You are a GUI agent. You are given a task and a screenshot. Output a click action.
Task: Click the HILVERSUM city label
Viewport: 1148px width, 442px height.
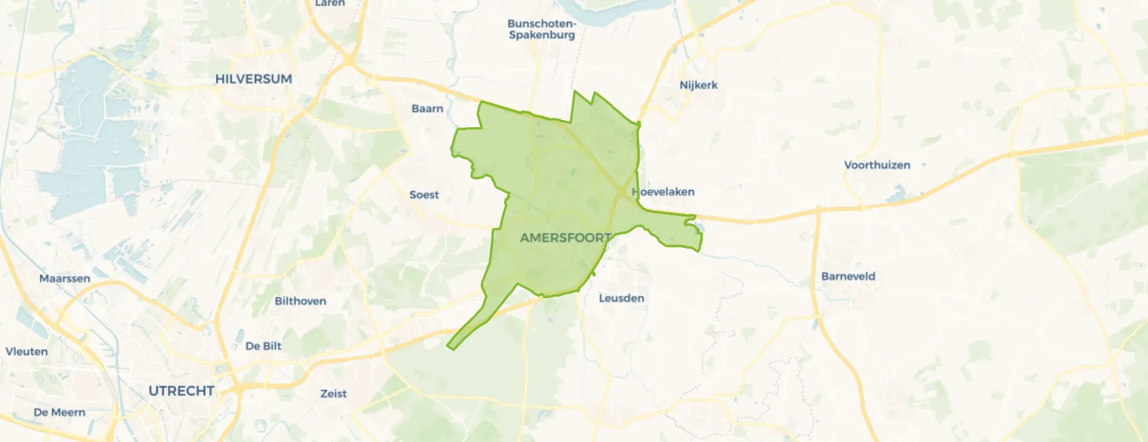pos(253,79)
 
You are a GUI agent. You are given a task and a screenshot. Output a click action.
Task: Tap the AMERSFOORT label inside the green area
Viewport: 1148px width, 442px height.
pos(565,238)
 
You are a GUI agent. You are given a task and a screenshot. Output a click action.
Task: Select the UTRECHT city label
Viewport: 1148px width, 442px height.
pos(181,391)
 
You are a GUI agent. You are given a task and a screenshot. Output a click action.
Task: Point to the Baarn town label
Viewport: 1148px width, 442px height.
pos(427,109)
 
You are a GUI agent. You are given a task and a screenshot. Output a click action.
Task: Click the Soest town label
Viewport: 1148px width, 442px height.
pos(424,195)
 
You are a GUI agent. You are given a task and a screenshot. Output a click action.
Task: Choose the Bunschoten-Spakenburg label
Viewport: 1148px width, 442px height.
pos(542,29)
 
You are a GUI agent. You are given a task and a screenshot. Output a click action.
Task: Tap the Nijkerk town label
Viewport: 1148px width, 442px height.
pos(698,86)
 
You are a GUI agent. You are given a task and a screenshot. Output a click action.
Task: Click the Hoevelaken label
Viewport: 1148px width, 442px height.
pos(663,192)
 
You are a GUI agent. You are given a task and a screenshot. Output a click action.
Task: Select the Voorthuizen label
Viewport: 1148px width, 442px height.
pos(877,165)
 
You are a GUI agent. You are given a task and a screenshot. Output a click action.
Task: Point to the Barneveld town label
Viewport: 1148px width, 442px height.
pos(848,277)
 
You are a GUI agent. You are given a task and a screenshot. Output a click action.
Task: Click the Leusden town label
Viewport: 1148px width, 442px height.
pos(622,298)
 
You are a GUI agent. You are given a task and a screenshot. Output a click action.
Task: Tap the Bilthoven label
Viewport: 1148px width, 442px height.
pos(300,301)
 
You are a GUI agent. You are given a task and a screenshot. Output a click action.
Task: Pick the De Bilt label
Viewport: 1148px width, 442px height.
pos(263,346)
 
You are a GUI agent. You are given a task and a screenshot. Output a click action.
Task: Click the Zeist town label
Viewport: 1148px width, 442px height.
pos(334,394)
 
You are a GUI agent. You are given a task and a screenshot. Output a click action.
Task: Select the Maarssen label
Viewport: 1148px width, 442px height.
pos(65,279)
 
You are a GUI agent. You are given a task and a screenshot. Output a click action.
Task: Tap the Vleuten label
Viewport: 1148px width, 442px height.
pos(26,352)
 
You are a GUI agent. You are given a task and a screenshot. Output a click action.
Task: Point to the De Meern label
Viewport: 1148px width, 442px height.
pos(60,413)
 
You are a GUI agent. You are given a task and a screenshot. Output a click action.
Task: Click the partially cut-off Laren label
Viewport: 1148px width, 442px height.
pos(330,3)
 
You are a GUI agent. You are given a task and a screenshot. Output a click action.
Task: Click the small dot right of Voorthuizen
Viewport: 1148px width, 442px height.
pos(924,165)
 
